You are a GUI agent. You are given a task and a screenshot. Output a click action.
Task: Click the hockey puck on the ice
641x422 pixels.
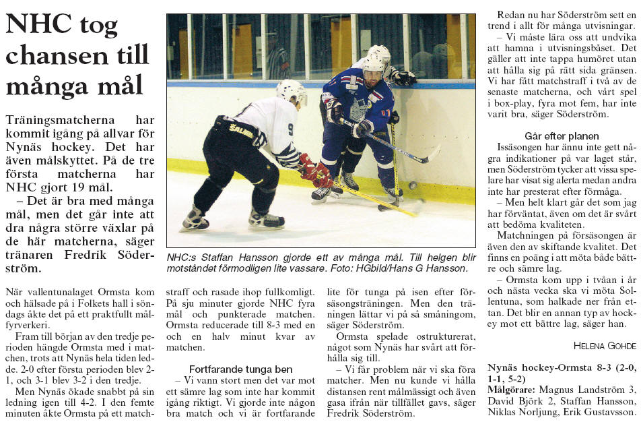click(413, 185)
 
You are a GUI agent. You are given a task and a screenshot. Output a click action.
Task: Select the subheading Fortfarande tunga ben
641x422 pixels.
click(240, 369)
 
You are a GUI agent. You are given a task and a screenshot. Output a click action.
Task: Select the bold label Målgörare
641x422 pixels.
click(511, 390)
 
